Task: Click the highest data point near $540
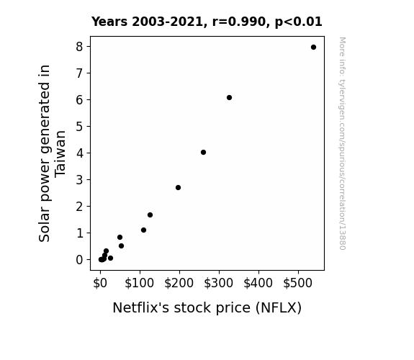(x=313, y=48)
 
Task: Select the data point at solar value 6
(x=229, y=98)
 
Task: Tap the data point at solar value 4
(x=203, y=153)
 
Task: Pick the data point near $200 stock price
(x=179, y=187)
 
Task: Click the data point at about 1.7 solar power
(x=150, y=215)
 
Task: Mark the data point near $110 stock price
(x=143, y=230)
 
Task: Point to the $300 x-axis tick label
(x=219, y=283)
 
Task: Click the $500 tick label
(x=298, y=283)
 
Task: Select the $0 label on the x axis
(x=100, y=283)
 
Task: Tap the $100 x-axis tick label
(x=140, y=283)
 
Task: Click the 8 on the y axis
(x=79, y=47)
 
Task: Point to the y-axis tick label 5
(x=79, y=127)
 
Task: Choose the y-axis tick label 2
(x=79, y=207)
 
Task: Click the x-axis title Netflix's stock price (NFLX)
(x=207, y=308)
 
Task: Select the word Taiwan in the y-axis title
(x=60, y=153)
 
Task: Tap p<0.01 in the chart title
(x=299, y=22)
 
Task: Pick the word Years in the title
(x=109, y=22)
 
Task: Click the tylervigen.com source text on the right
(x=342, y=143)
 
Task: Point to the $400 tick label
(x=258, y=283)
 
